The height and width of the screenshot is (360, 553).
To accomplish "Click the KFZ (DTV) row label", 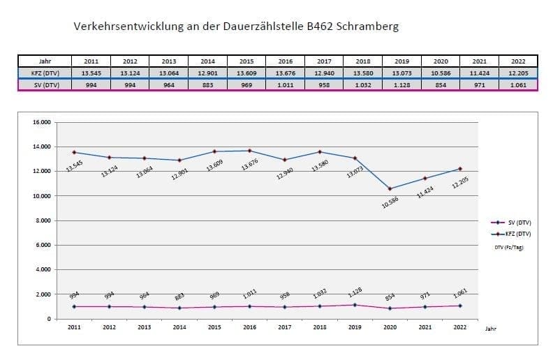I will [x=45, y=73].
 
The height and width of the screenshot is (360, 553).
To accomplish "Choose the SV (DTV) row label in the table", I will [x=45, y=84].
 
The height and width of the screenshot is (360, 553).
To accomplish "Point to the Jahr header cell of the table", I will [x=45, y=61].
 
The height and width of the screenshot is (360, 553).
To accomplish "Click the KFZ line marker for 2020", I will [x=390, y=188].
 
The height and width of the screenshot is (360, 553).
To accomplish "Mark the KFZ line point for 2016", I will [x=249, y=151].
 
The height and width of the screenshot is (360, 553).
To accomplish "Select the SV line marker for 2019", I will [x=355, y=305].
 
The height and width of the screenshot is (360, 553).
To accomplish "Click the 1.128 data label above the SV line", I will [x=356, y=293].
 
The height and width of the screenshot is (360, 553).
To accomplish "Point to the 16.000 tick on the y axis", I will [x=43, y=122].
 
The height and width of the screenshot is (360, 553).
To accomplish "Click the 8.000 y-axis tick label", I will [x=44, y=220].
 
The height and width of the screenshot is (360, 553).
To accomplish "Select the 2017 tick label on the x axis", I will [x=284, y=327].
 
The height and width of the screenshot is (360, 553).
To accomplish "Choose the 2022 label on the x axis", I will [x=460, y=327].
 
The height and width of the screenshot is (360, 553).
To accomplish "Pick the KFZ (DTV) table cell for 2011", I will [x=91, y=73].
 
